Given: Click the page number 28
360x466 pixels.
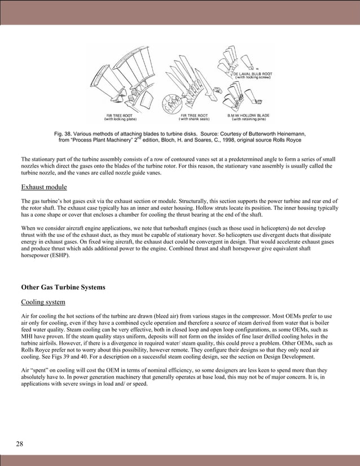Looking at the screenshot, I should point(20,444).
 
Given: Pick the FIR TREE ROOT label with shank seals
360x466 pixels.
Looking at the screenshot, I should point(195,115).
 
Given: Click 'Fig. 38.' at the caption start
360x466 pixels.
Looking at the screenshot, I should point(64,133).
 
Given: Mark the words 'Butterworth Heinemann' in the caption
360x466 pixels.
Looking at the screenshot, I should point(274,133).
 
